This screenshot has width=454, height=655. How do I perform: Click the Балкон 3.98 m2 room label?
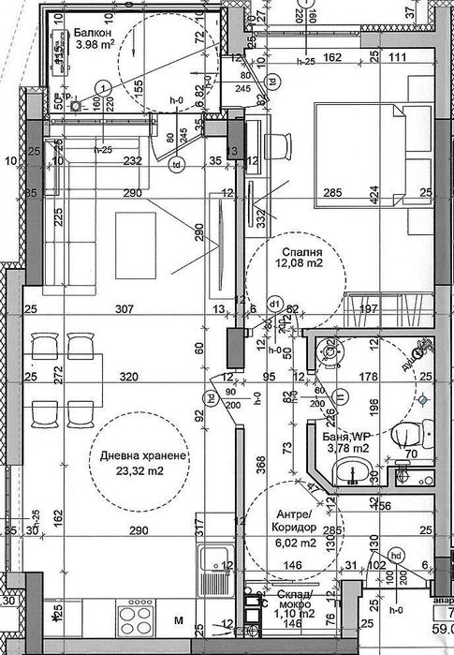94,37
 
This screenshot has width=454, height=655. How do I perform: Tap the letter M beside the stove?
178,620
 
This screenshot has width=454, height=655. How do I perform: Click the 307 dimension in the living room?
124,310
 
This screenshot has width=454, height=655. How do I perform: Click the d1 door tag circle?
275,304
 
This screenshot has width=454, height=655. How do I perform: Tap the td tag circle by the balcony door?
174,166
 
